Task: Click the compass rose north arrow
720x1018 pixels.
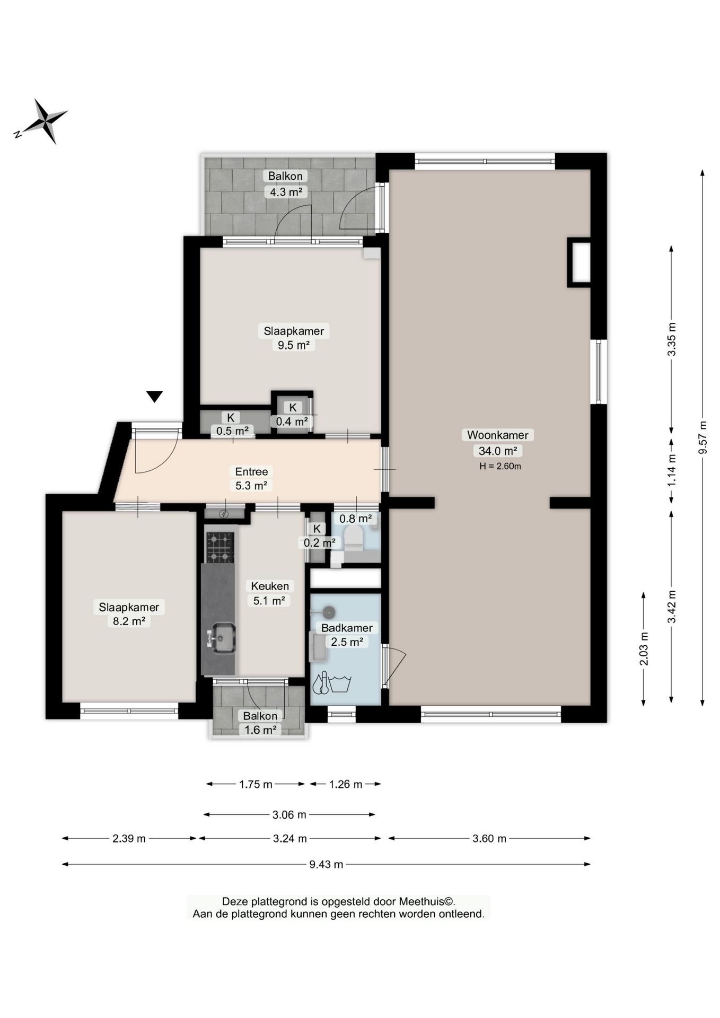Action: coord(41,121)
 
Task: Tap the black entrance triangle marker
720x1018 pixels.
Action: coord(154,397)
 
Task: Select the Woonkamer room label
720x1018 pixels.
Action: coord(497,435)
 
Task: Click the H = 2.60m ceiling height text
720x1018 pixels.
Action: coord(500,467)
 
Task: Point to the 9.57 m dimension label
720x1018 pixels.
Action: coord(703,437)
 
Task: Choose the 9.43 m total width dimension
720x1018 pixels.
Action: coord(326,864)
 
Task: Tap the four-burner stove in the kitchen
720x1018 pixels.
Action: coord(219,547)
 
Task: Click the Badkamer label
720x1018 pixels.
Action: coord(347,628)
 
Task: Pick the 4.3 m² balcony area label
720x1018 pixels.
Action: coord(286,192)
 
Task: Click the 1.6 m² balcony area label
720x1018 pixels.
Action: coord(260,730)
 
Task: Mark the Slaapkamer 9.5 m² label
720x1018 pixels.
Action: coord(294,338)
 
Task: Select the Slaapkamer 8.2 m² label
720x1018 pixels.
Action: coord(129,614)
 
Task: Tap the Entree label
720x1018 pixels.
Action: coord(251,471)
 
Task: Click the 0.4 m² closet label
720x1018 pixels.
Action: coord(292,422)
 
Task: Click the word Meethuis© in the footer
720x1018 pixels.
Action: coord(427,901)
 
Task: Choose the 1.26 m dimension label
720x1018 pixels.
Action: coord(346,784)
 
